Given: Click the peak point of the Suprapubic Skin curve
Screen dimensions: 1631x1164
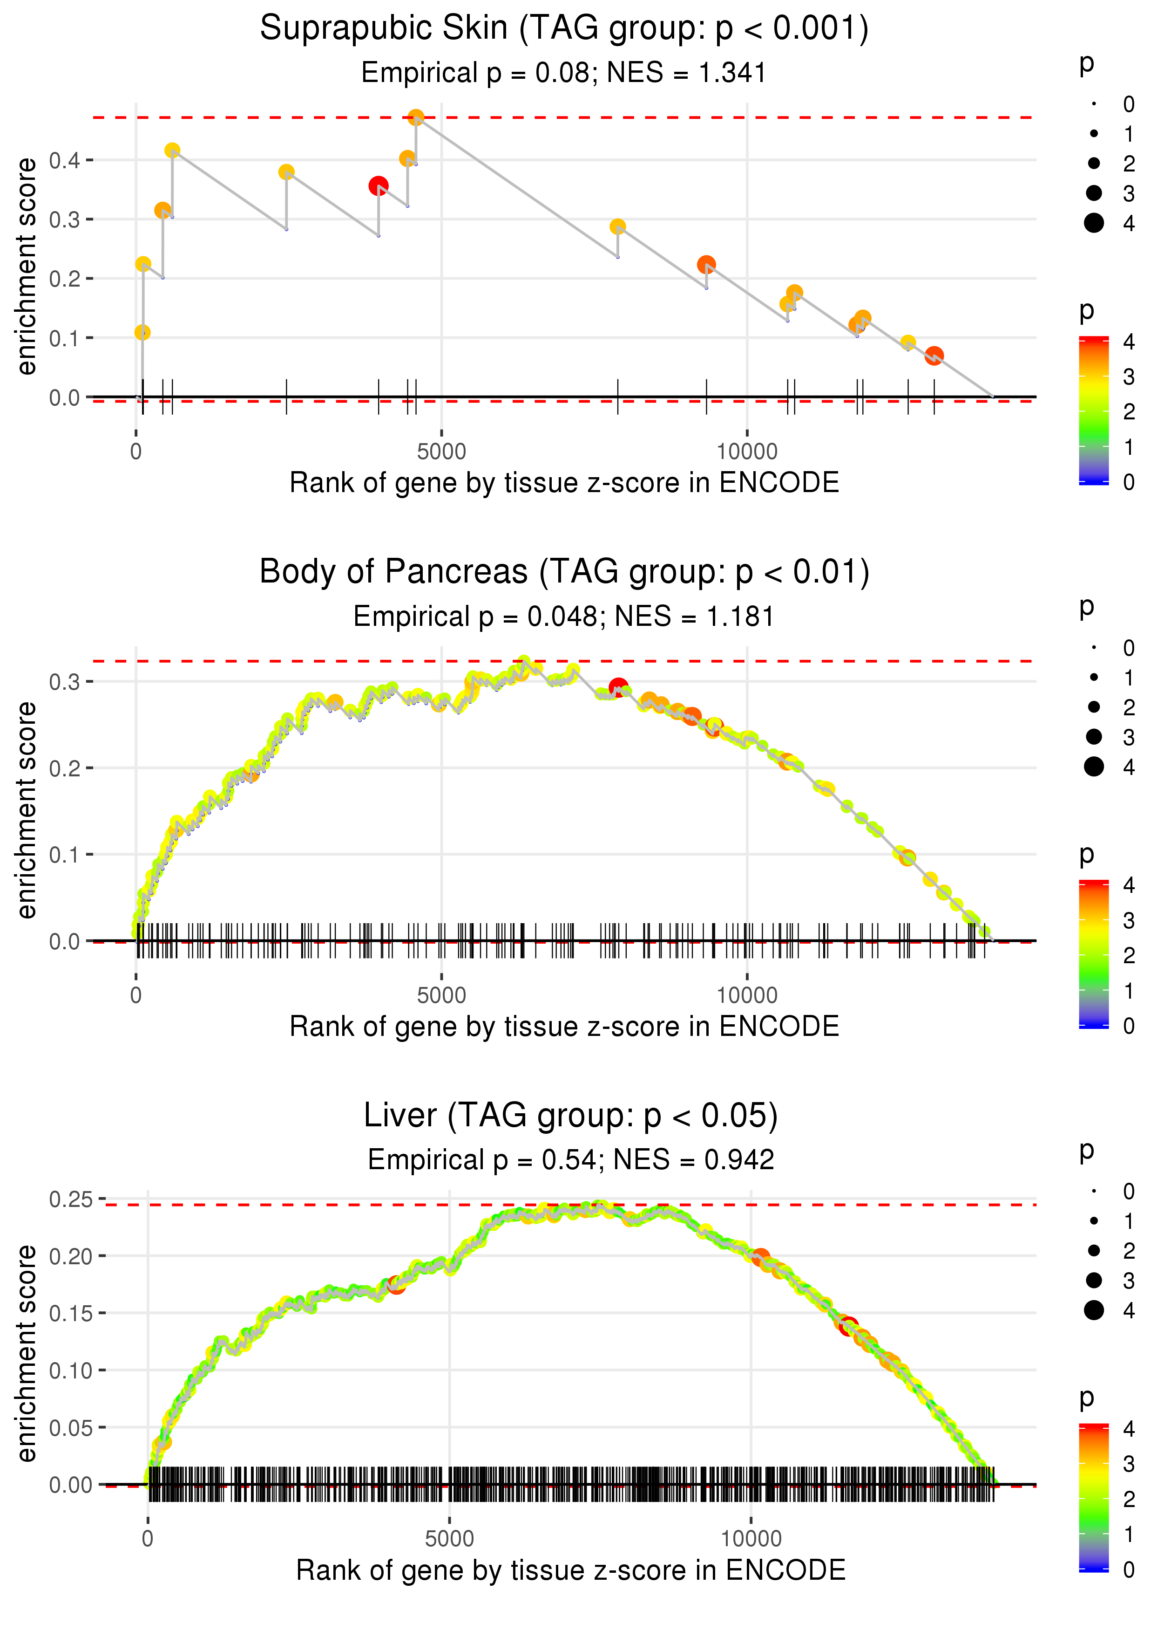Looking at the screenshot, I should pos(416,117).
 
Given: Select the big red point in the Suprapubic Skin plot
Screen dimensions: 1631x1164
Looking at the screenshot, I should pos(379,186).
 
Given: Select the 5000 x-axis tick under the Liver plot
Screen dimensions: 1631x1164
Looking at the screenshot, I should pos(449,1538).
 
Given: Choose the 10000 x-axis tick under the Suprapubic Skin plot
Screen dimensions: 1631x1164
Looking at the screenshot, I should pos(747,452).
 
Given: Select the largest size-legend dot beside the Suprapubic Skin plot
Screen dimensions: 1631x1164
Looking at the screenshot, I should pos(1094,223).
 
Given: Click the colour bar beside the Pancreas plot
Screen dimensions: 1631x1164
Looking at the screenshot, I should pos(1094,954).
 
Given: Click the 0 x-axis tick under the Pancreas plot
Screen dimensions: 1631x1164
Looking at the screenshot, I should pos(136,995).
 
